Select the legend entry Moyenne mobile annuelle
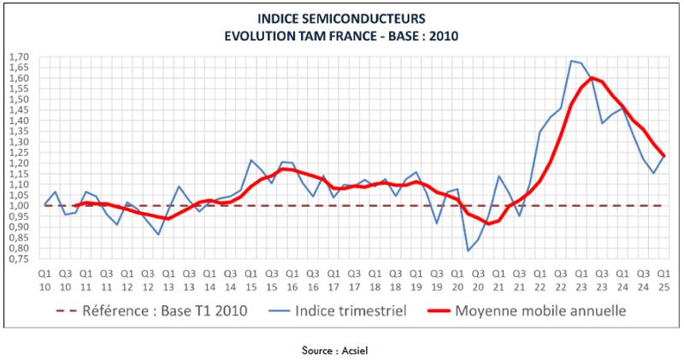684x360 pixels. point(541,311)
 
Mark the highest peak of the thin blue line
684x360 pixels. point(571,61)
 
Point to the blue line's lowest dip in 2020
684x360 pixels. point(468,251)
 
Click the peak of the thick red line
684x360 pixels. point(592,78)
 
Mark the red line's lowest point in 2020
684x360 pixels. point(488,224)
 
